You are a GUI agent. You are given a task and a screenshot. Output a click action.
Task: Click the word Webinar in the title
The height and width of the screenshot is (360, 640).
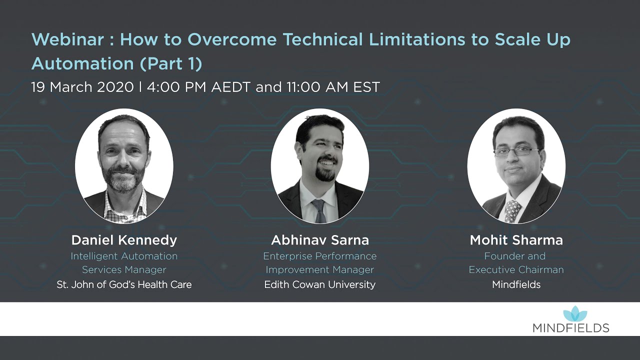click(67, 39)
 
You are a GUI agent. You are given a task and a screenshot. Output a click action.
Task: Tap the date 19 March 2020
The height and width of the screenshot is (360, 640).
click(82, 87)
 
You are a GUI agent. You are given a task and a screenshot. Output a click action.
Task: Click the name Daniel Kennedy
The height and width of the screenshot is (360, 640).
click(124, 240)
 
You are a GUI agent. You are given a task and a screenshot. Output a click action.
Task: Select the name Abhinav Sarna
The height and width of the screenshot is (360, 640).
click(320, 240)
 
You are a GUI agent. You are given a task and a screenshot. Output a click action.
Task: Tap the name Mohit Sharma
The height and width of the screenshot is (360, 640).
click(516, 240)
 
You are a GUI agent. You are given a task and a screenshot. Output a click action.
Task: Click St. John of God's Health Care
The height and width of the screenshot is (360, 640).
click(124, 284)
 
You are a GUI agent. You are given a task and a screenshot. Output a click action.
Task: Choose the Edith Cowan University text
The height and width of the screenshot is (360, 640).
click(320, 284)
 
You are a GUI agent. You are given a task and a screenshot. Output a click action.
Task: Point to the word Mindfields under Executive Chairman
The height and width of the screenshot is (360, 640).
click(516, 284)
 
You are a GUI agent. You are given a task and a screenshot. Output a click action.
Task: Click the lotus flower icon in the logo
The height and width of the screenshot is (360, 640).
click(575, 314)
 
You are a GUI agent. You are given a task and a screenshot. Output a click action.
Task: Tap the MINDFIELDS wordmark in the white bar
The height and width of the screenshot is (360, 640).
click(570, 328)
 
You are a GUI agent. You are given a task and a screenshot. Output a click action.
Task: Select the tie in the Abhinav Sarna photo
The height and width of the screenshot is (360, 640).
click(318, 210)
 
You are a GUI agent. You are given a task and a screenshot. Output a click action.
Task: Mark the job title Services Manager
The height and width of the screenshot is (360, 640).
click(124, 269)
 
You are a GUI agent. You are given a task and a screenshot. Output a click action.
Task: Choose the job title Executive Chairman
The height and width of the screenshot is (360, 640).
click(516, 269)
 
